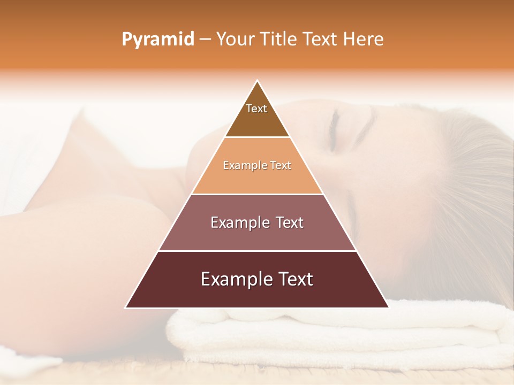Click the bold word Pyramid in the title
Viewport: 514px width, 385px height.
(x=157, y=40)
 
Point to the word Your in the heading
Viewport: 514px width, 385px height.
(x=236, y=40)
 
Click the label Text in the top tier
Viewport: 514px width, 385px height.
(x=256, y=109)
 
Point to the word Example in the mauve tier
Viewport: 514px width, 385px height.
(x=239, y=222)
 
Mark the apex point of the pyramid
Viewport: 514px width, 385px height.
(x=258, y=81)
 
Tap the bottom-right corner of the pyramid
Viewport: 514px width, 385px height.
(x=388, y=307)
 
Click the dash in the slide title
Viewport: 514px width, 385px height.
(x=205, y=40)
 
